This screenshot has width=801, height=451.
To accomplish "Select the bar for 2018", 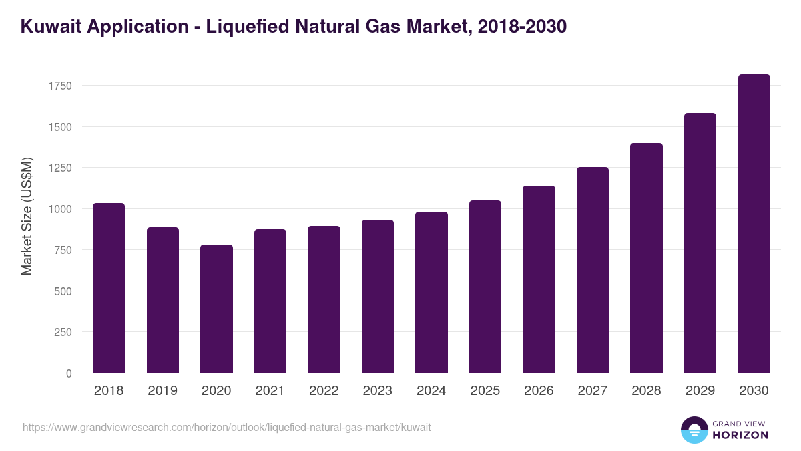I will (109, 288).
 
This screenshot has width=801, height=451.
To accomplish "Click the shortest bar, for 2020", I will (216, 309).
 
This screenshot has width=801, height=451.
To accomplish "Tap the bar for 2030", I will (754, 224).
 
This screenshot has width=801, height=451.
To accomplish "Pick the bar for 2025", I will (485, 287).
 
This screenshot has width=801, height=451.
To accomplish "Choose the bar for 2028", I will (646, 258).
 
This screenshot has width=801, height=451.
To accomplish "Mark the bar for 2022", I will (324, 299).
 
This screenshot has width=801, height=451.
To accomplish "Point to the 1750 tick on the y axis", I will (59, 86).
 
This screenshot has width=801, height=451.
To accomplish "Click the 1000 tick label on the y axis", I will (59, 209).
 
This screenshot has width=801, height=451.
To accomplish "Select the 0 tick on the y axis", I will (68, 373).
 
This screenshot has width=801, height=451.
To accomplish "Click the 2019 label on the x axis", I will (162, 391).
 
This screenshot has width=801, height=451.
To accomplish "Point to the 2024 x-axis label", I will (431, 391).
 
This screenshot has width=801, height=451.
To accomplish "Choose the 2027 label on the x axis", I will (593, 391).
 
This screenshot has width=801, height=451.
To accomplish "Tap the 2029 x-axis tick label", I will (700, 391).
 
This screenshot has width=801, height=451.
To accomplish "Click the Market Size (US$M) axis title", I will (27, 215).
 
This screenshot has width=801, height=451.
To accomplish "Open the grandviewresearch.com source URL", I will (227, 427).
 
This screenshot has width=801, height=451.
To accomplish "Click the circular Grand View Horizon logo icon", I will (694, 430).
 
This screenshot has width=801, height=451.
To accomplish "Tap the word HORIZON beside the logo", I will (741, 435).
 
